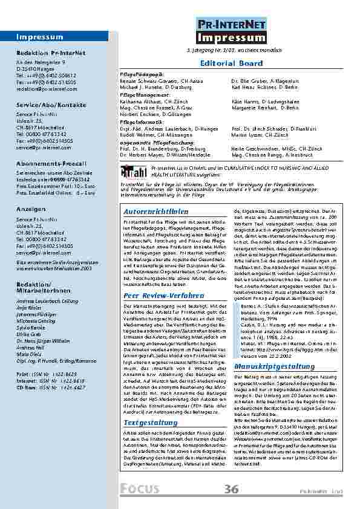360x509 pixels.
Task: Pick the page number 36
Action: (231, 489)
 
